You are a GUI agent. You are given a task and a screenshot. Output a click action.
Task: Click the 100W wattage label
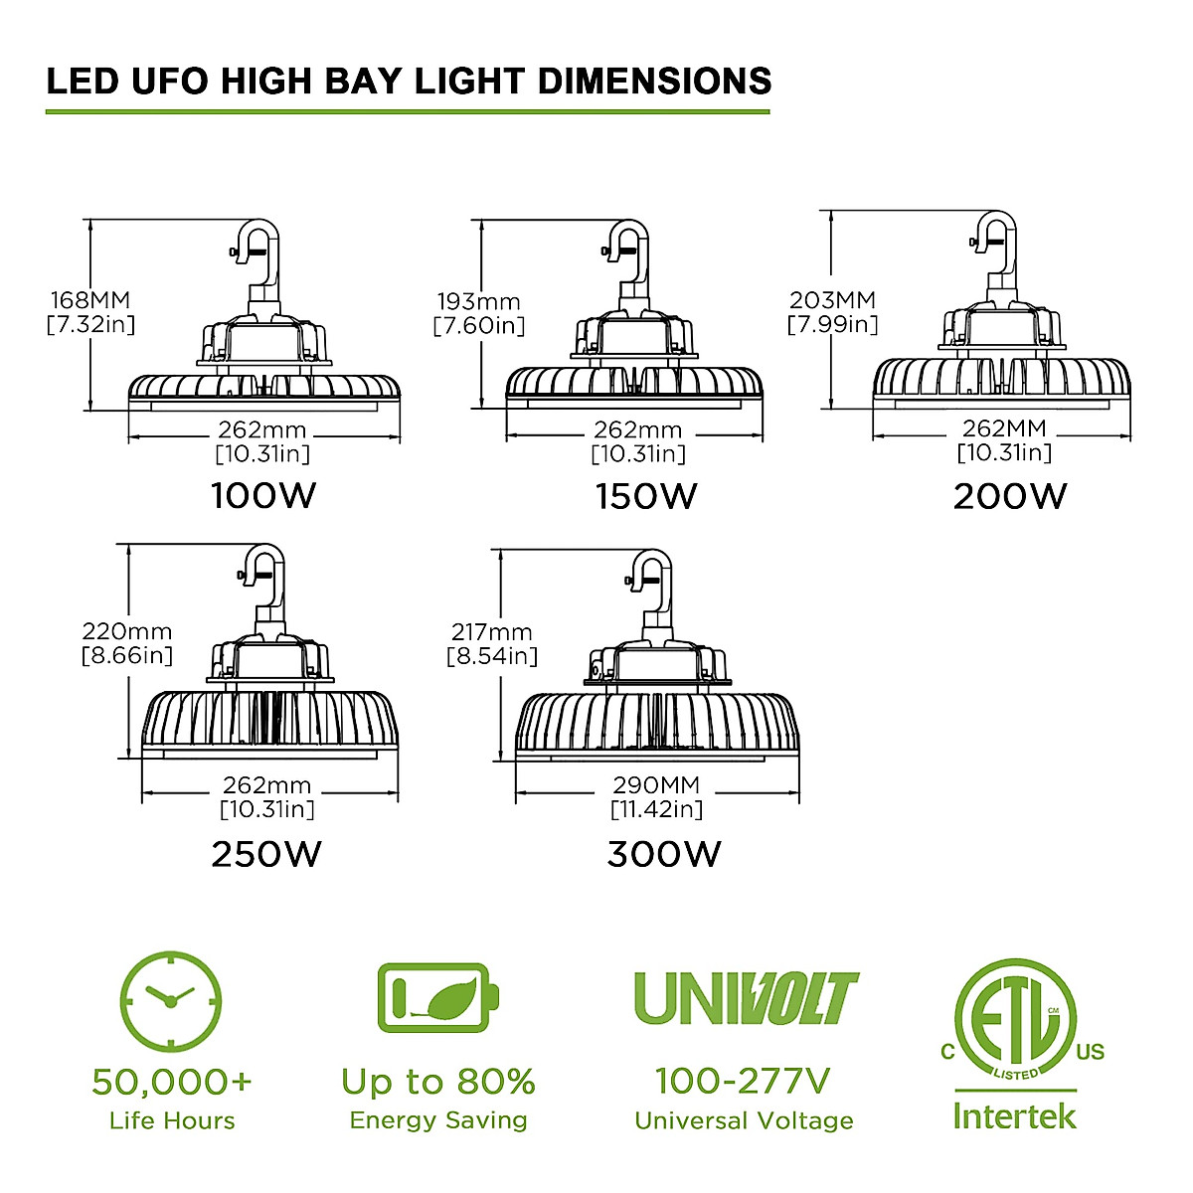click(263, 495)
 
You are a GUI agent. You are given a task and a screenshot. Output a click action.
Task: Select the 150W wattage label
click(646, 495)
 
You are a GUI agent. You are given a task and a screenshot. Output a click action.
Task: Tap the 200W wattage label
click(1009, 495)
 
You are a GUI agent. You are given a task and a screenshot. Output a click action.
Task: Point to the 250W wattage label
click(266, 854)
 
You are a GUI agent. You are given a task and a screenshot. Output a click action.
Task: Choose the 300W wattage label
click(664, 854)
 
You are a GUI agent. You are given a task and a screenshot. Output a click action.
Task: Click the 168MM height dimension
click(90, 299)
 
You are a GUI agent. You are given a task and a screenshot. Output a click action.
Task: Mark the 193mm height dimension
click(478, 301)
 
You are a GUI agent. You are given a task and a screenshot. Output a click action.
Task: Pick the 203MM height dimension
click(832, 299)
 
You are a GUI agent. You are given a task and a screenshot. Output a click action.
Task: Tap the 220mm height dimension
click(126, 631)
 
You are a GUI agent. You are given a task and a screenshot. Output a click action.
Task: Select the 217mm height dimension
click(491, 632)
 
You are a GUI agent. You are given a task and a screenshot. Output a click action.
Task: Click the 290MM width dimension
click(656, 785)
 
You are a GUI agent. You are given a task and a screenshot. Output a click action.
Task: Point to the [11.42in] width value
click(656, 809)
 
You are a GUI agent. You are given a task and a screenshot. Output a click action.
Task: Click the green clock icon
click(170, 1000)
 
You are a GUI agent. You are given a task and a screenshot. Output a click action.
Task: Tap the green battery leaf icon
click(437, 996)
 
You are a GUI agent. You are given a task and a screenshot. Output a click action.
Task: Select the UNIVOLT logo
click(746, 998)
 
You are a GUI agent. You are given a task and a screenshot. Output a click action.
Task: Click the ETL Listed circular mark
click(1014, 1019)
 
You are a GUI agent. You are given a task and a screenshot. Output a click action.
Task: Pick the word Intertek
click(1014, 1115)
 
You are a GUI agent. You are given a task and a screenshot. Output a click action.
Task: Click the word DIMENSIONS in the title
click(654, 81)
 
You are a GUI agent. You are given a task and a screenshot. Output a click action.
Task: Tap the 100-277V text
click(743, 1080)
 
